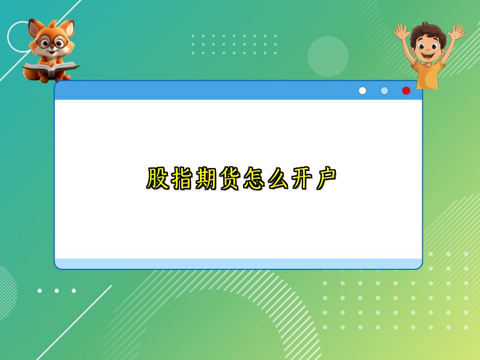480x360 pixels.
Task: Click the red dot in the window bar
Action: click(406, 91)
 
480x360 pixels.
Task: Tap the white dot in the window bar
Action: click(362, 91)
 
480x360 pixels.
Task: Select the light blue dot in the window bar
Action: click(385, 91)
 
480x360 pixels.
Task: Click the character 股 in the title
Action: click(158, 179)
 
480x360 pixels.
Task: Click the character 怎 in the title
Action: click(254, 179)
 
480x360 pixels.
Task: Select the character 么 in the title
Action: click(278, 179)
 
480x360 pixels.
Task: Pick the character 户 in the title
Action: click(326, 179)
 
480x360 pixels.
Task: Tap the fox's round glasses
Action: click(52, 43)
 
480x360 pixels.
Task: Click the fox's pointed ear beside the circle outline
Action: click(34, 28)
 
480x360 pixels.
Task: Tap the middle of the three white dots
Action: click(56, 291)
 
